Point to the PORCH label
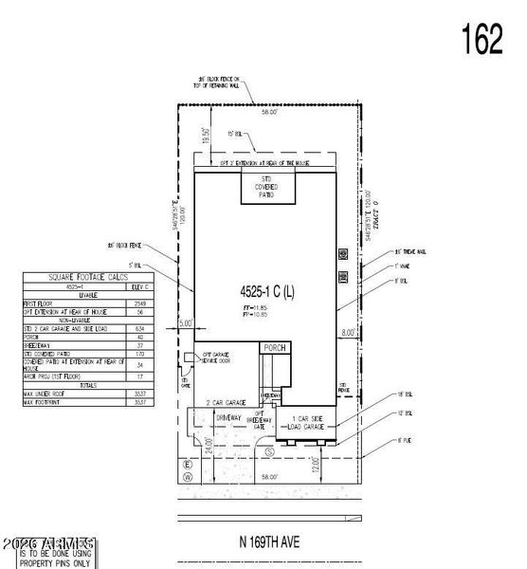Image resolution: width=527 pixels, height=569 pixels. click(x=274, y=348)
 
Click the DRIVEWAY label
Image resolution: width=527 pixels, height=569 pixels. click(x=230, y=417)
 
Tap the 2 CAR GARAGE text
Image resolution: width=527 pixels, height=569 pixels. click(x=227, y=402)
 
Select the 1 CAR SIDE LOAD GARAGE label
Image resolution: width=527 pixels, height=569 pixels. click(x=306, y=424)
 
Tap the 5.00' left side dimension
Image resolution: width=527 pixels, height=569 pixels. click(x=185, y=323)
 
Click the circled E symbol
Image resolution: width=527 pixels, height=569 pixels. click(x=187, y=465)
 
